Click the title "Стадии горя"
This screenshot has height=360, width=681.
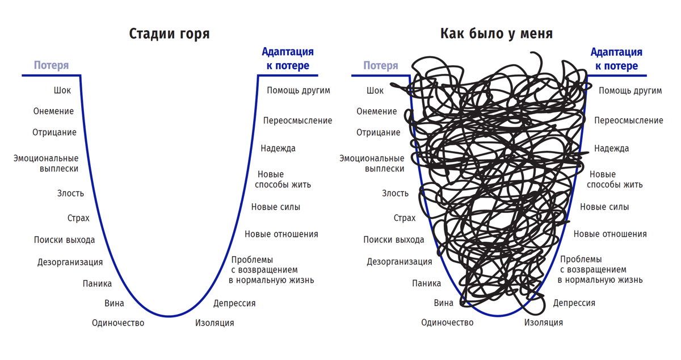169,34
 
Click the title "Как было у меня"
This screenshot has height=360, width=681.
497,34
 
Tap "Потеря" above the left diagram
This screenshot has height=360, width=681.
51,65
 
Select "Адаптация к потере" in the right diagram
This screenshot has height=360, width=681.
616,58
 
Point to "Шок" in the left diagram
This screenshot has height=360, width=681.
62,90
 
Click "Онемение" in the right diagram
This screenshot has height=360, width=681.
377,111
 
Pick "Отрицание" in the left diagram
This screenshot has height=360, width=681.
54,133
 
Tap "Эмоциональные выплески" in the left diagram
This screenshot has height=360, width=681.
46,164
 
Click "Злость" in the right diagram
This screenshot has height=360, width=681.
395,194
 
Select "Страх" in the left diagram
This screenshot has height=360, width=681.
78,218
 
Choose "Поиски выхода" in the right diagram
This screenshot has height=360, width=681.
394,240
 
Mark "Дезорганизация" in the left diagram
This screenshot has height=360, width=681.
70,262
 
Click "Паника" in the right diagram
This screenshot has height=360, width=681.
427,283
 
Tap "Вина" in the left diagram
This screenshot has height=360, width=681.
114,303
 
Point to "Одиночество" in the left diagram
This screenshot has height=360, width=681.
118,323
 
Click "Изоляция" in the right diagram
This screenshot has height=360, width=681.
544,323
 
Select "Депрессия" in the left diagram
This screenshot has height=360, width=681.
234,304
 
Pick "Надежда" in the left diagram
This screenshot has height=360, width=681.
278,149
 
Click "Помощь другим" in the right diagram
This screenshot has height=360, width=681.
630,91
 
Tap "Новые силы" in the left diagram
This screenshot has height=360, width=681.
276,207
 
